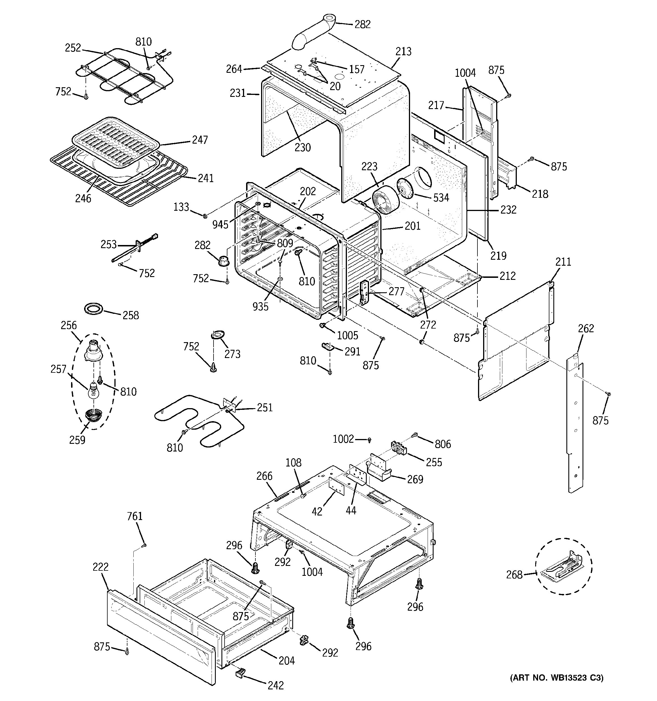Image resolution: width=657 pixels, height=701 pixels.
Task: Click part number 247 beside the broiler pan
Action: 200,140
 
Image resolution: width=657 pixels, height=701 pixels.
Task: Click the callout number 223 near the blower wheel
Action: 369,167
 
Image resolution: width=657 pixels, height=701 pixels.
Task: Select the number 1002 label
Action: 343,439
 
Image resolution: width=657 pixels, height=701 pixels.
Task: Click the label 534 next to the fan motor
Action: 441,198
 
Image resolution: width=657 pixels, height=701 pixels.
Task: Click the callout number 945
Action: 220,224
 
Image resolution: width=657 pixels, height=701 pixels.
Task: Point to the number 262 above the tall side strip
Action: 586,329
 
